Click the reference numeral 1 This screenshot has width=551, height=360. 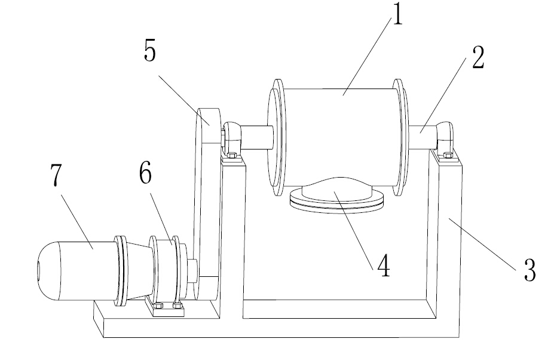click(397, 14)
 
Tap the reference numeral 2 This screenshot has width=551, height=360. click(478, 57)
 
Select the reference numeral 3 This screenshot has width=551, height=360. click(530, 270)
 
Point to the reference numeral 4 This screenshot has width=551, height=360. click(384, 266)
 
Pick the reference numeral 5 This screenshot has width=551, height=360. click(149, 51)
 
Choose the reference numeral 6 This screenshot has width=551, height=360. click(145, 173)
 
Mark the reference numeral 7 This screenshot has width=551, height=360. click(56, 175)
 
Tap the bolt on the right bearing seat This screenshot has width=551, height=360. click(448, 155)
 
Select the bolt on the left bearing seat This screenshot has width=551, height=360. click(231, 155)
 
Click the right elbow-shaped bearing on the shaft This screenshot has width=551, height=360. click(445, 136)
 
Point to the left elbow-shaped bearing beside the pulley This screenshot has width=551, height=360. click(231, 137)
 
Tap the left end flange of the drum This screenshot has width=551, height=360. click(277, 137)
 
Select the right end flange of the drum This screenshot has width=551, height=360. click(400, 137)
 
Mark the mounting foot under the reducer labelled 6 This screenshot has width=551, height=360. click(166, 307)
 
